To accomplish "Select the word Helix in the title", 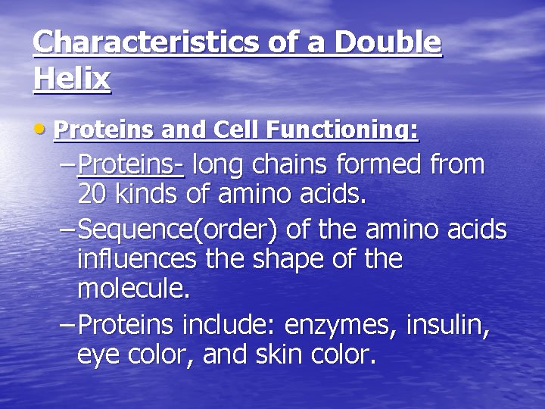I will pos(72,78).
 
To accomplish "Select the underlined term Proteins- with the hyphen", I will pos(131,164).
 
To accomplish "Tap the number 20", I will pos(94,195).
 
